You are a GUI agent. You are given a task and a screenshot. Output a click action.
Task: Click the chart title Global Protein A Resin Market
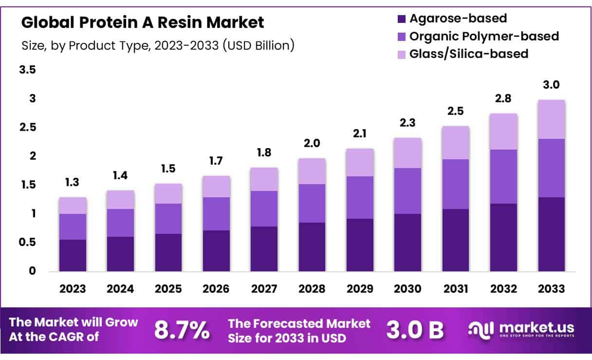143,22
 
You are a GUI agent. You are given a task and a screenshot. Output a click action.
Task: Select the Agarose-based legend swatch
401,19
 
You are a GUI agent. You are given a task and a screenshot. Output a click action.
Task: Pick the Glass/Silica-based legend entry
462,54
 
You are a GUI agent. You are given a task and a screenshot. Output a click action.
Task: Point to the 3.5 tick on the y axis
27,70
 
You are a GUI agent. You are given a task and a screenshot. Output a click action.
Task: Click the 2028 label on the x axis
312,289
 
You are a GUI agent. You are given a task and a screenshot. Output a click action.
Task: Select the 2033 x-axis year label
552,289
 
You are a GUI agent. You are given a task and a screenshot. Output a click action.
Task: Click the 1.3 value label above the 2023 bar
73,182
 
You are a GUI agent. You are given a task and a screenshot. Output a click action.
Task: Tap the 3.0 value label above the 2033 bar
552,85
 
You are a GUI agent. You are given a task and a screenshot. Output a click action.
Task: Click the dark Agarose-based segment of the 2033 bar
552,234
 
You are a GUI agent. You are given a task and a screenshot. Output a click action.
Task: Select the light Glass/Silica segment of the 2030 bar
408,153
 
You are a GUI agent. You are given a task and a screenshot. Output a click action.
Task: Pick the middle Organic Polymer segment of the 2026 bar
216,214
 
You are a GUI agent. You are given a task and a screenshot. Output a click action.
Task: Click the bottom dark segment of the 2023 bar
73,255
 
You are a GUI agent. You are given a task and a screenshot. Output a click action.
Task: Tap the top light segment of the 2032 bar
503,132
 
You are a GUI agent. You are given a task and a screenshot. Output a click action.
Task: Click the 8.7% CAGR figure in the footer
182,330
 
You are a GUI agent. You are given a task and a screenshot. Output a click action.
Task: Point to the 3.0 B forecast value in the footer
415,330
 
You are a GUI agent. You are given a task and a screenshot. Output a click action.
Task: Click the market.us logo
521,330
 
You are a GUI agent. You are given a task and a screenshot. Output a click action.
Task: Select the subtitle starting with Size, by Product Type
158,46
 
